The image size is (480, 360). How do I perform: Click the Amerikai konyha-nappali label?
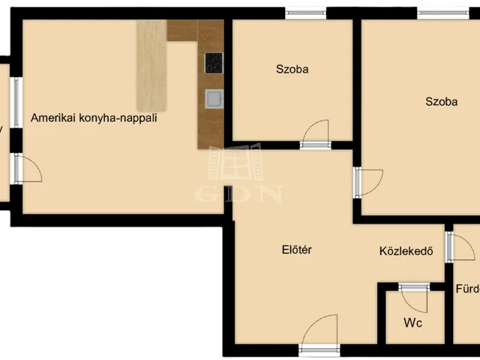click(x=94, y=118)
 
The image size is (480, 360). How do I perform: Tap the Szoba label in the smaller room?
click(x=292, y=70)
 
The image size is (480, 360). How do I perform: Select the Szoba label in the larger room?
click(x=441, y=102)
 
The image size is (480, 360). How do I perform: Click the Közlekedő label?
click(x=406, y=251)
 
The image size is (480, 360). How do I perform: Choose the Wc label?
click(x=412, y=323)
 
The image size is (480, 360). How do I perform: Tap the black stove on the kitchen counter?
click(x=214, y=62)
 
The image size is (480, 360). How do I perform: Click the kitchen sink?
click(x=214, y=97)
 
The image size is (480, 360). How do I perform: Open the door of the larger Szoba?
click(x=367, y=182)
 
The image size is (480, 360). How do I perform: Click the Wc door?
click(x=413, y=297)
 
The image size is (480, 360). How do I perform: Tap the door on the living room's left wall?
click(x=27, y=169)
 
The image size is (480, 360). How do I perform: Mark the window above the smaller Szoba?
click(x=305, y=13)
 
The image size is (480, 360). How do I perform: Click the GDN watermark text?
click(x=238, y=193)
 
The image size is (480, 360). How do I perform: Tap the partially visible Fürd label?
click(x=467, y=289)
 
